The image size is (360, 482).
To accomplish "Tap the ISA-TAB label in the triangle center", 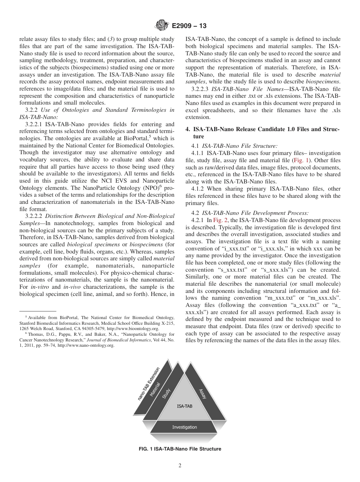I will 185,406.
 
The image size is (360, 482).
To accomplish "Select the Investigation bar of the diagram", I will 185,427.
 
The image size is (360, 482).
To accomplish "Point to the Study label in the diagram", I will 166,394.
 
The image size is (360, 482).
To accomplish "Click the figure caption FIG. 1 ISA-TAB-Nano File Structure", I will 180,449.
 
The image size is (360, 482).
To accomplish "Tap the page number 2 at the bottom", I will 180,466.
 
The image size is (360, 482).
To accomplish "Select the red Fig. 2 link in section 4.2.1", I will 221,220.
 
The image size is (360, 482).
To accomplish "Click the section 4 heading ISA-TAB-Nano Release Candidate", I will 263,133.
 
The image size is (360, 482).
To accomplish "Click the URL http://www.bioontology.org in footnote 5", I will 138,329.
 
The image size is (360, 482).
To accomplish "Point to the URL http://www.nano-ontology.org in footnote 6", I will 86,346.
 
